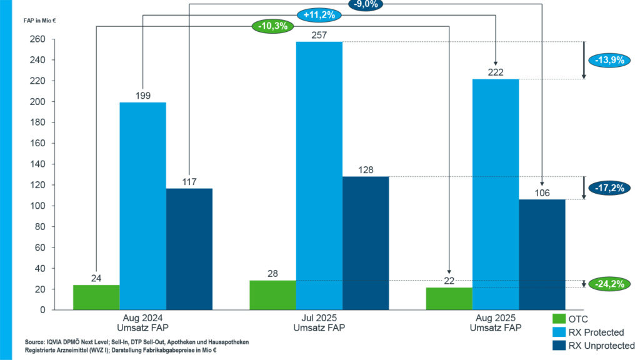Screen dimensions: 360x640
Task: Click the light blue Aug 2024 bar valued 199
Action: tap(142, 206)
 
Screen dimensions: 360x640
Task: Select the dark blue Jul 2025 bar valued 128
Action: tap(366, 243)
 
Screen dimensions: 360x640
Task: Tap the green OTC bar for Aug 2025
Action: tap(449, 298)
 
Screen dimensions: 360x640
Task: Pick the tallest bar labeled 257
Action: tap(319, 176)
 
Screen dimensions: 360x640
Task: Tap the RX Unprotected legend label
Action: tap(606, 346)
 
